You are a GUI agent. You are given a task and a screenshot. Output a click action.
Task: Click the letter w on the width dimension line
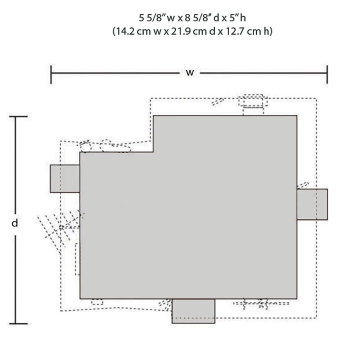coord(190,73)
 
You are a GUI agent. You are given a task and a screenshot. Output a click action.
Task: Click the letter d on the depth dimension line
coord(15,223)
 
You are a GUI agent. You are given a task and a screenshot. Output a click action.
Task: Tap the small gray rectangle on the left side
coord(65,179)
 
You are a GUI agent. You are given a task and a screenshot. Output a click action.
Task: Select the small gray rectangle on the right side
coord(312,204)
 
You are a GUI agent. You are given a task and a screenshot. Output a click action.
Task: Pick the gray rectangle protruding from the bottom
coord(193,311)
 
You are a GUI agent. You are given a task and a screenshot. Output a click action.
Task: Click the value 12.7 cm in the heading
coord(243,31)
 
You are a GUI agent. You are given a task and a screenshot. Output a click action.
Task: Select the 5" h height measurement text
coord(237,18)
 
